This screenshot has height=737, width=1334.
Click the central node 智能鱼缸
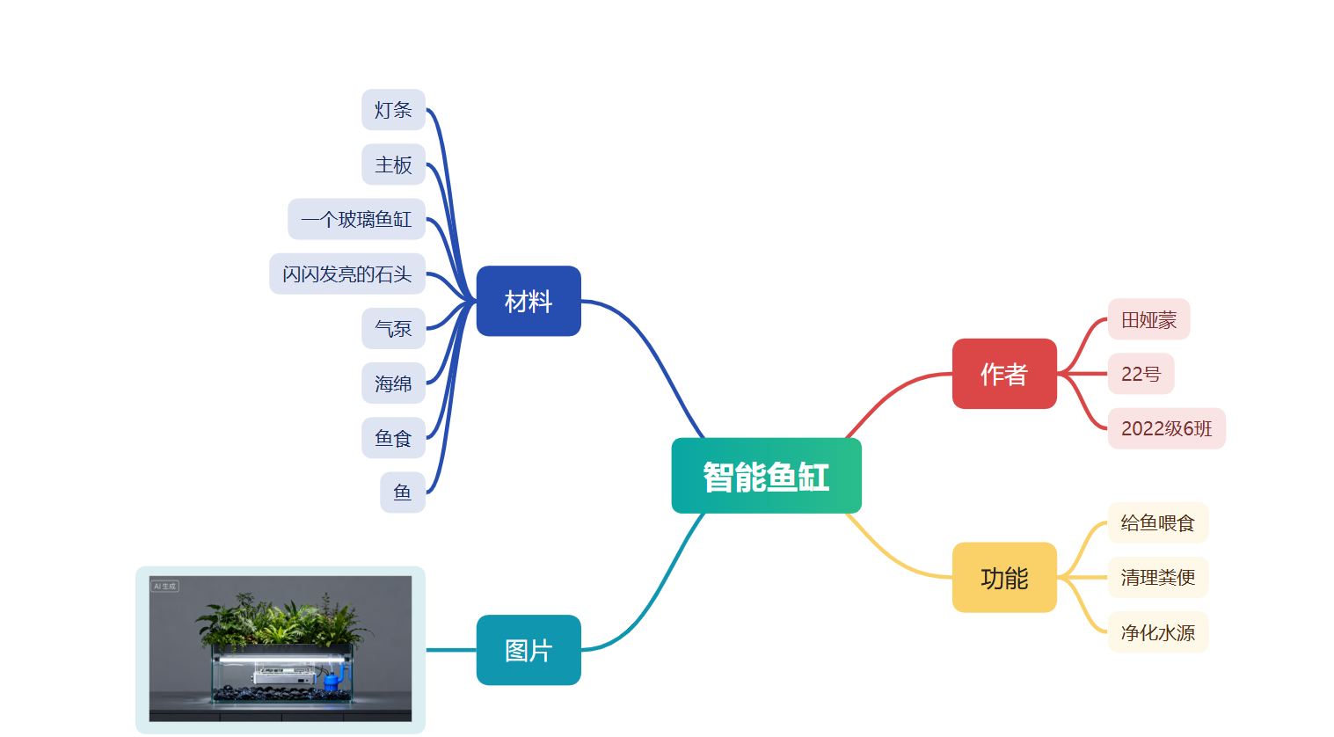(766, 476)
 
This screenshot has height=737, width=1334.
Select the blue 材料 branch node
(528, 301)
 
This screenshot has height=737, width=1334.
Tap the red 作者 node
(1004, 374)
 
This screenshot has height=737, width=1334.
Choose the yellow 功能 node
(1004, 578)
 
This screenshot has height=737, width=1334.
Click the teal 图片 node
(528, 650)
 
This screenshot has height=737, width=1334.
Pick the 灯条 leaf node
(393, 110)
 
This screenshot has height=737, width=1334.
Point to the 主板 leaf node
(393, 164)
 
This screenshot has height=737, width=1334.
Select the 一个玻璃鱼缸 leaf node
(356, 219)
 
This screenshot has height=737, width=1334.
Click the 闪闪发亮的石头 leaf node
(346, 274)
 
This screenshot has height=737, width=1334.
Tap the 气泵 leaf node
(393, 328)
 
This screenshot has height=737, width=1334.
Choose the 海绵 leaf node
(393, 383)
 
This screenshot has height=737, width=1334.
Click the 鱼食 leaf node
(393, 438)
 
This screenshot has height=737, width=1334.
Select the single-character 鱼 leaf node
(402, 493)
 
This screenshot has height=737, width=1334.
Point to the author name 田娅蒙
(1148, 319)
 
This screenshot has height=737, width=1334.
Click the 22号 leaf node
(1141, 374)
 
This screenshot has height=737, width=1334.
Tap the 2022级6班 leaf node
(1166, 428)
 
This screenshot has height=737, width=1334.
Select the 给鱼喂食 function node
(1157, 523)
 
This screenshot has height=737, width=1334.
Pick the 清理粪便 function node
(1157, 578)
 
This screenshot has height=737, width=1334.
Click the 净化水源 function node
(1157, 632)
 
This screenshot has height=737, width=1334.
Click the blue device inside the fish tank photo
(332, 679)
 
